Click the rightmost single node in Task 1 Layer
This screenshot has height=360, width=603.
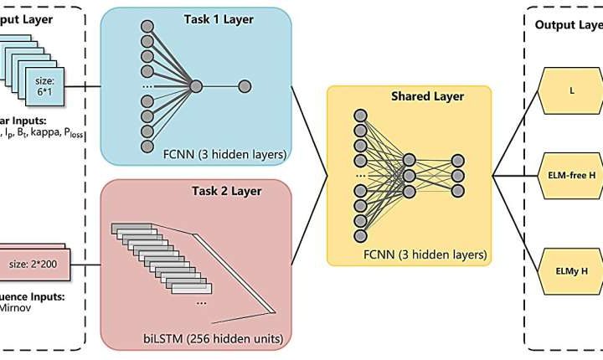pos(245,85)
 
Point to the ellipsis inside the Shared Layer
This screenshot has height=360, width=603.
pos(361,177)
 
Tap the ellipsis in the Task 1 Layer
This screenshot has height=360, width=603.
pos(147,86)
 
